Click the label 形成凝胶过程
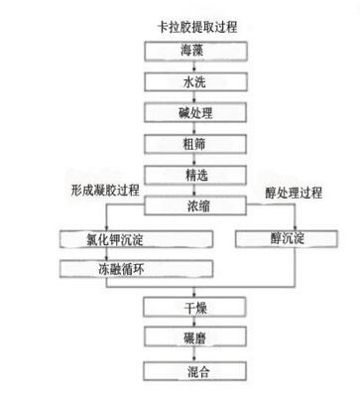click(x=105, y=189)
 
